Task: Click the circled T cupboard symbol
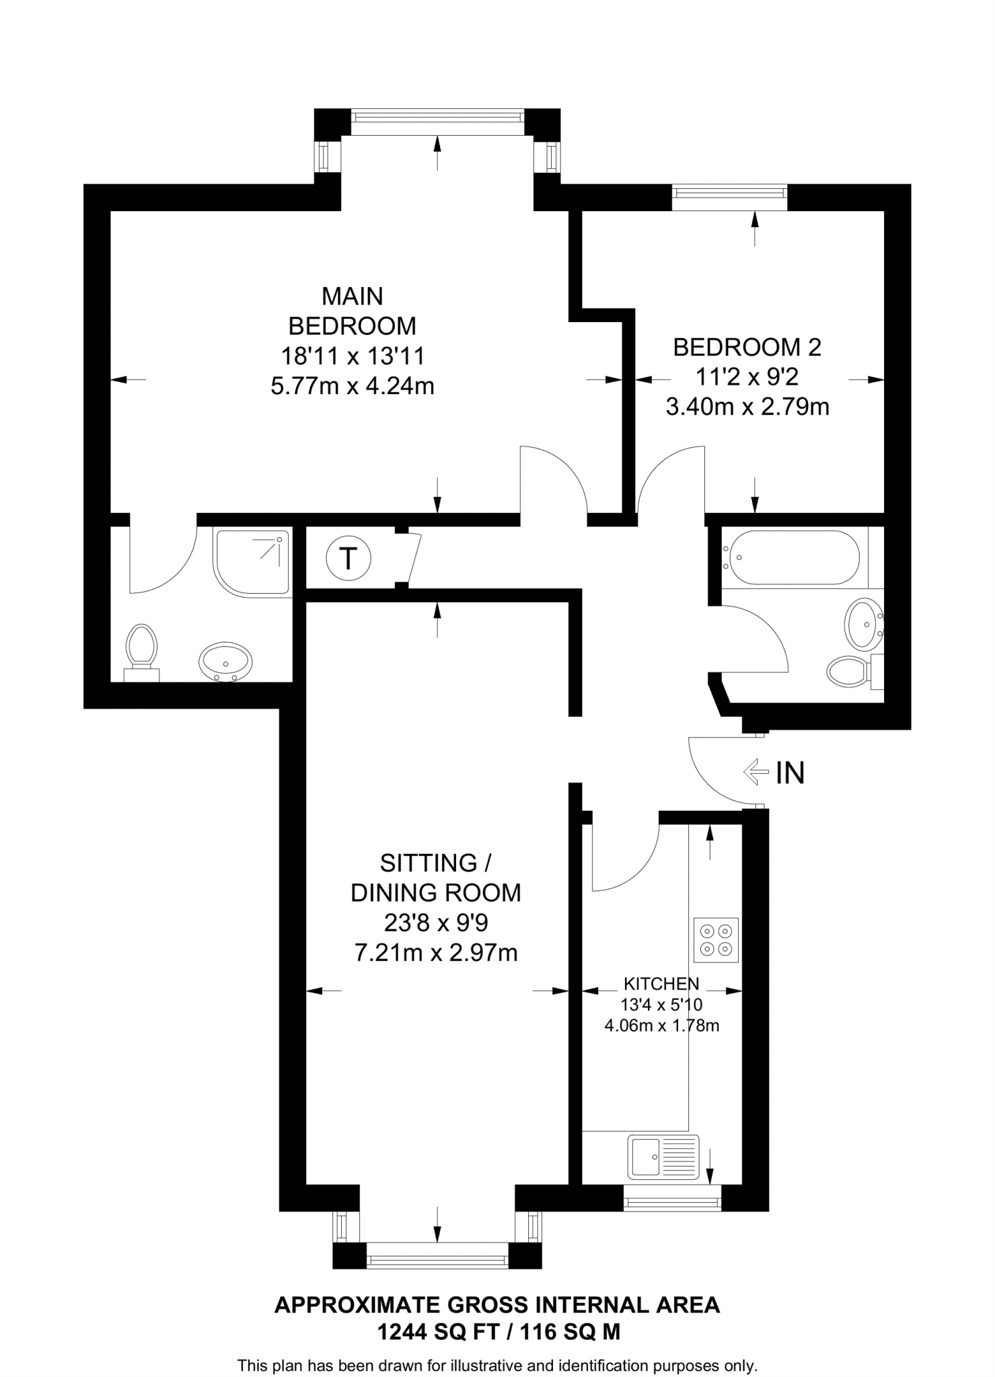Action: (348, 558)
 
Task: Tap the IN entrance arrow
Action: (756, 772)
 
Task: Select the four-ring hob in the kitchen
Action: (716, 940)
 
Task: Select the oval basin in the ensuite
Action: (225, 662)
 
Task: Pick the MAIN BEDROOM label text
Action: (352, 311)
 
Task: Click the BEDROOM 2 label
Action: (747, 348)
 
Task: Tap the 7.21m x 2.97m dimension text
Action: (436, 953)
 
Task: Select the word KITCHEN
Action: (661, 984)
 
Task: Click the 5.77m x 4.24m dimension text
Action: (352, 386)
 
